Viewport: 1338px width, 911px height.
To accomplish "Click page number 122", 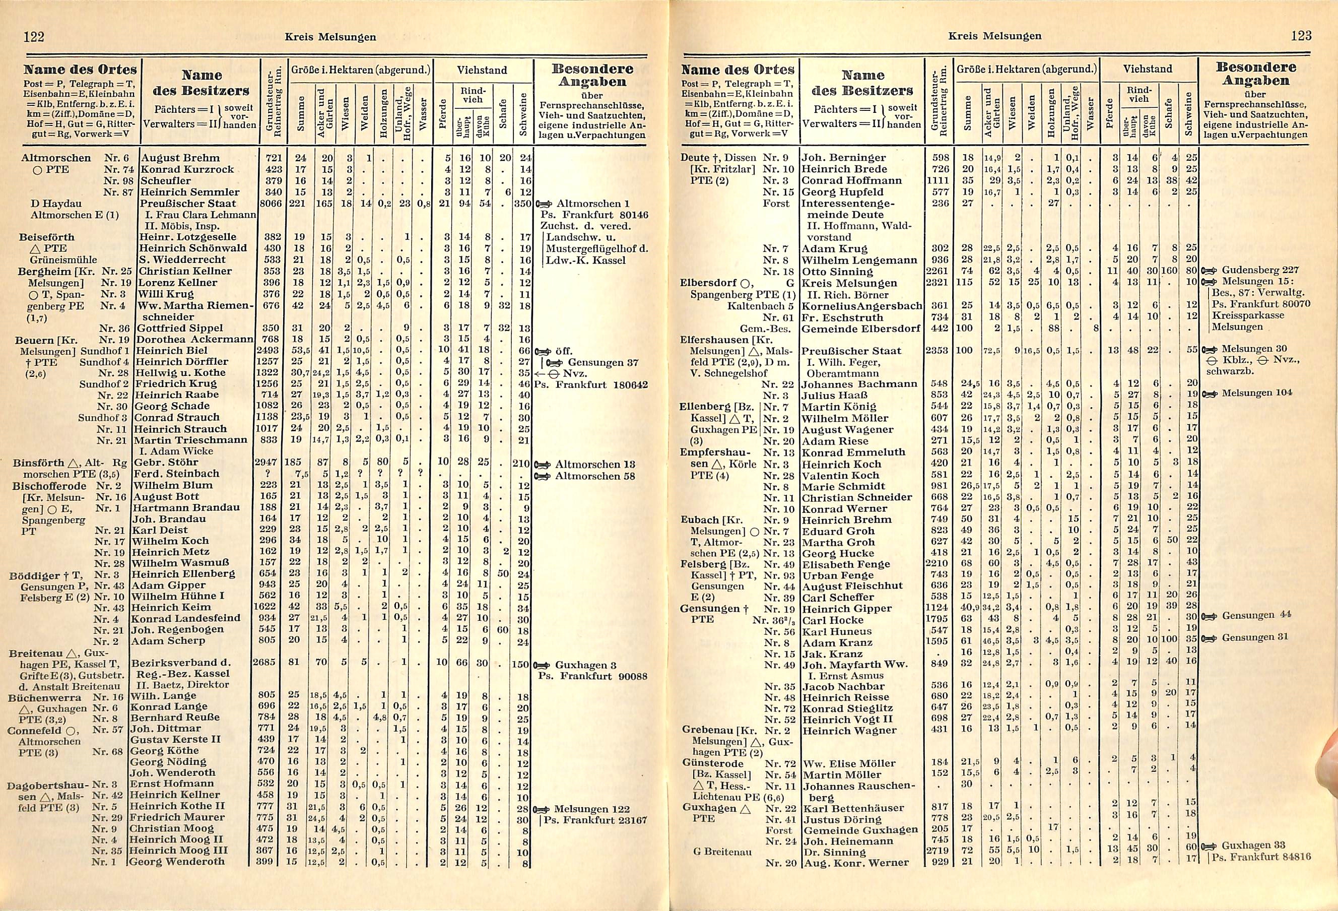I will pyautogui.click(x=33, y=36).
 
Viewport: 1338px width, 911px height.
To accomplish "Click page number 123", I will pyautogui.click(x=1301, y=36).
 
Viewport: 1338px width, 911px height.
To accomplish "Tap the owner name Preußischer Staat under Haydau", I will pyautogui.click(x=188, y=203).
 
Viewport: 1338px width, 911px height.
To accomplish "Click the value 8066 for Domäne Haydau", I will pyautogui.click(x=267, y=203).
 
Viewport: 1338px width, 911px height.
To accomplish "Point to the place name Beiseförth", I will pyautogui.click(x=47, y=237).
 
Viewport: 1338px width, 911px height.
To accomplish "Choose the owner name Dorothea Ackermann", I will pyautogui.click(x=193, y=339).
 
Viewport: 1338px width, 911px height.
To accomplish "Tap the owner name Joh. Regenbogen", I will pyautogui.click(x=177, y=629).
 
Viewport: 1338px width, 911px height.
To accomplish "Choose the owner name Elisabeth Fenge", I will pyautogui.click(x=846, y=564).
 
